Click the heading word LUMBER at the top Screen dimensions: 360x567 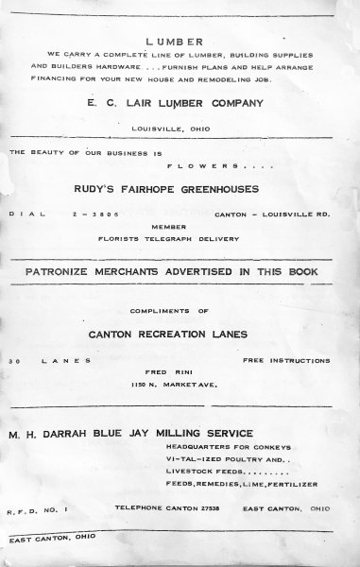(179, 42)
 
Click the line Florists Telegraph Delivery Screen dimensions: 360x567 (178, 240)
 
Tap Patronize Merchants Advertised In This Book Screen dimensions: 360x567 (180, 273)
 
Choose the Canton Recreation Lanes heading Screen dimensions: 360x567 (180, 334)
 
